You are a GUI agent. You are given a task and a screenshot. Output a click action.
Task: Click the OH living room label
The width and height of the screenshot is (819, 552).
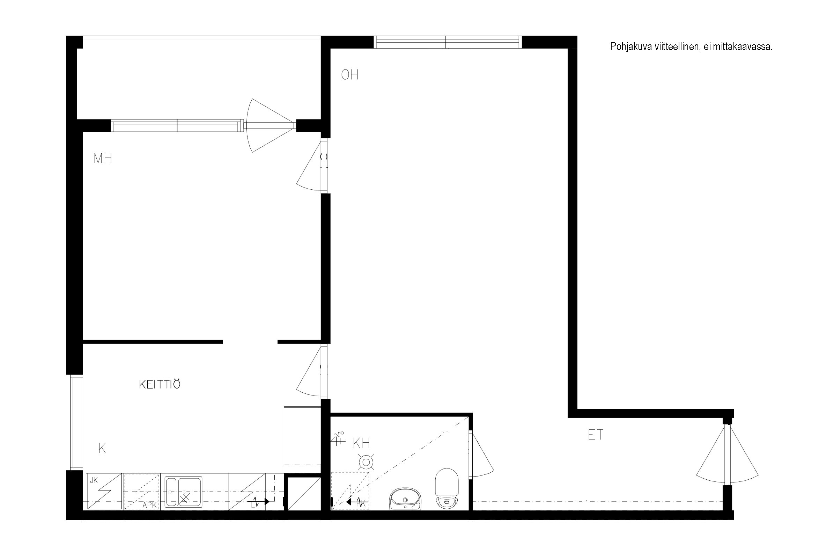click(350, 75)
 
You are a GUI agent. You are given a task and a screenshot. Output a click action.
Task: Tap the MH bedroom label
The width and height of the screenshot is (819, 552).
click(103, 158)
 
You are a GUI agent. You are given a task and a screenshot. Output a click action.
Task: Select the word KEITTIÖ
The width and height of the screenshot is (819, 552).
click(160, 384)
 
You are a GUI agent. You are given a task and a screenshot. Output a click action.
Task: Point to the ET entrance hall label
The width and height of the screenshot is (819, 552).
click(596, 435)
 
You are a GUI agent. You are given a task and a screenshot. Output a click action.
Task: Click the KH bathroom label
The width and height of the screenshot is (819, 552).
click(361, 443)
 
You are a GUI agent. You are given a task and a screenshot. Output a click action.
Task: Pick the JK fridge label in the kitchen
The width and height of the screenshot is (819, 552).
click(94, 480)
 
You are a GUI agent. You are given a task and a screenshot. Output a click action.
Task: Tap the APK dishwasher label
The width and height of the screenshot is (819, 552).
click(149, 506)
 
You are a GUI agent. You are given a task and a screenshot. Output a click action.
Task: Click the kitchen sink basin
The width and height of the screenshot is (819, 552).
click(184, 492)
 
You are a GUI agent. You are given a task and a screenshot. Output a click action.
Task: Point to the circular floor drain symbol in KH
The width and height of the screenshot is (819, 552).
click(366, 462)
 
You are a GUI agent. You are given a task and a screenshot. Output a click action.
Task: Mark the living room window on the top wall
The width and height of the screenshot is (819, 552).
click(448, 42)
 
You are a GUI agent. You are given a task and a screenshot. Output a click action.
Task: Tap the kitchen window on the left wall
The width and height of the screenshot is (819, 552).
click(76, 422)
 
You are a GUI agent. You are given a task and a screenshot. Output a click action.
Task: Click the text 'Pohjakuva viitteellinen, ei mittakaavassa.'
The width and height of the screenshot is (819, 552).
click(691, 47)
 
